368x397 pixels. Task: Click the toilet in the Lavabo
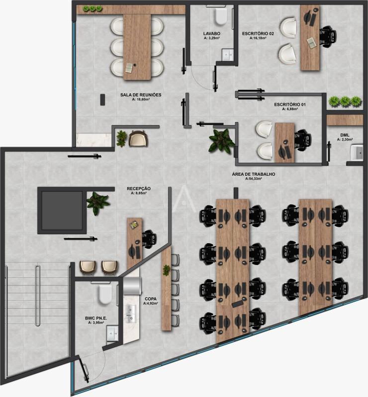coord(220,16)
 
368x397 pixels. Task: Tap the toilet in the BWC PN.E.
coord(104,293)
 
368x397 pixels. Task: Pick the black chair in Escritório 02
coord(326,36)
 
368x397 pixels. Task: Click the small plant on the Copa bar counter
coord(167,271)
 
